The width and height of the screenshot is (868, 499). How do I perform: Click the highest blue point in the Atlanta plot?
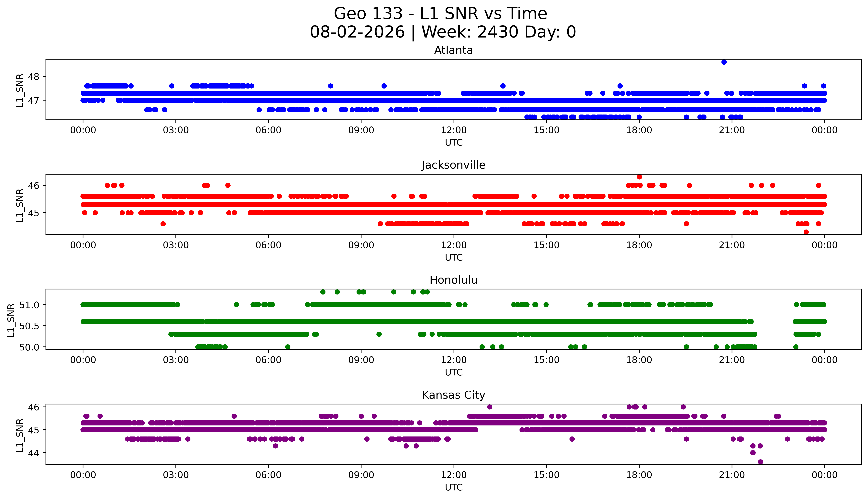click(x=724, y=62)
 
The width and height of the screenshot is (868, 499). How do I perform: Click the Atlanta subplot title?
click(x=454, y=50)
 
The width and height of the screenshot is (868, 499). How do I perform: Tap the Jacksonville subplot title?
click(x=454, y=165)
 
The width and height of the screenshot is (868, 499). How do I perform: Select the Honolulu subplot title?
click(x=454, y=280)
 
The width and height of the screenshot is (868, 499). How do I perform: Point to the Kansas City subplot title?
click(x=454, y=395)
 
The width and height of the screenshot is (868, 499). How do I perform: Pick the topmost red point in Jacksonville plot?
click(x=639, y=177)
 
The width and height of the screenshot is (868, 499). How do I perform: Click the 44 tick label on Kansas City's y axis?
click(x=34, y=453)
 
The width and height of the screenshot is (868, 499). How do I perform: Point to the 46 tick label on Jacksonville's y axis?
click(x=34, y=185)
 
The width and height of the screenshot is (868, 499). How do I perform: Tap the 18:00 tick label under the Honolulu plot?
click(x=639, y=360)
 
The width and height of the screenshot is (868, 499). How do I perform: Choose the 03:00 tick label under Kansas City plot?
click(x=176, y=475)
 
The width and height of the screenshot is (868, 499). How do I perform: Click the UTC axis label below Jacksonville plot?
click(x=454, y=257)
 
